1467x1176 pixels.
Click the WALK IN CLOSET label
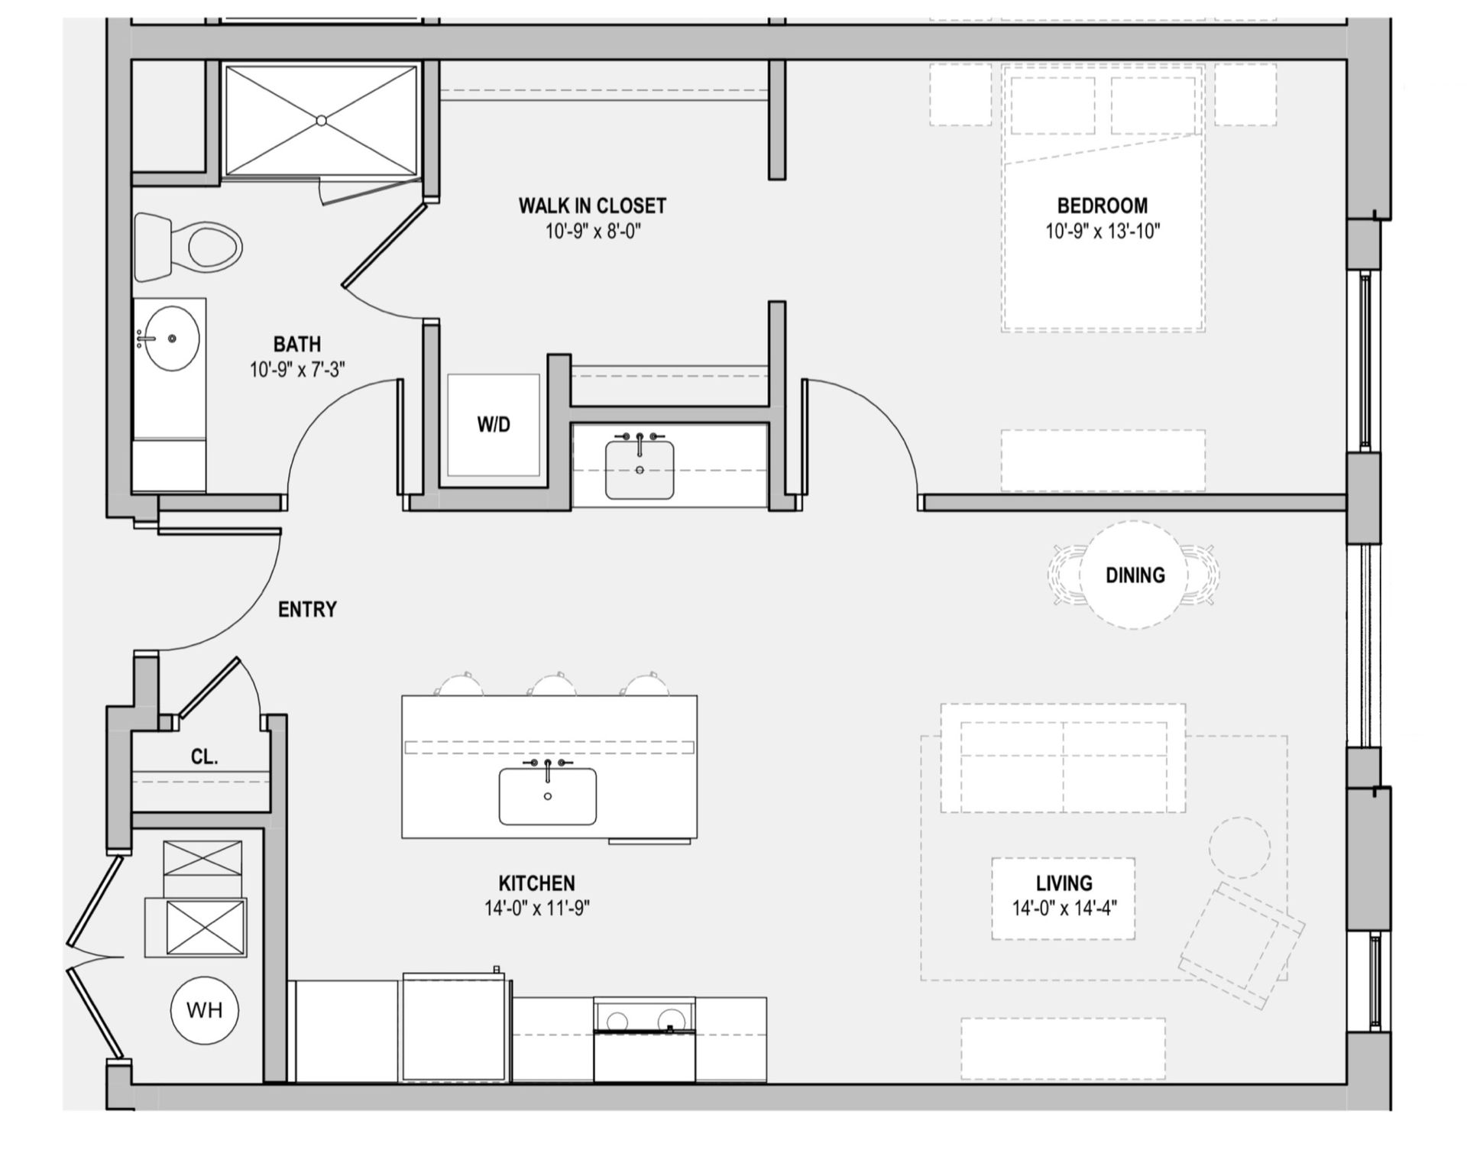[592, 206]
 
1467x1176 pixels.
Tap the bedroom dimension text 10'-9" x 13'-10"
[1102, 231]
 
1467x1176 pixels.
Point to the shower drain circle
[322, 121]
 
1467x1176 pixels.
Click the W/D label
[493, 425]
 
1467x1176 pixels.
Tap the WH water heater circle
[204, 1010]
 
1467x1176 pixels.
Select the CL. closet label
[204, 757]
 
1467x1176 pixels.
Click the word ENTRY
[307, 610]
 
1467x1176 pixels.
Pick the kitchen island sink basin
[547, 797]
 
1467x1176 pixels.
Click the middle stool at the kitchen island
[553, 685]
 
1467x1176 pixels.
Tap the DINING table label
[1135, 575]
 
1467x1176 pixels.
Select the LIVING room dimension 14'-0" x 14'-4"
[1064, 909]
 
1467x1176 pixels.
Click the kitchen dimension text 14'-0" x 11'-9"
[536, 909]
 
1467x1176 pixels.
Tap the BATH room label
[296, 344]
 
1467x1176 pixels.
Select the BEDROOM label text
[1102, 206]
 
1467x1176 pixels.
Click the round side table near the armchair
[1239, 847]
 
